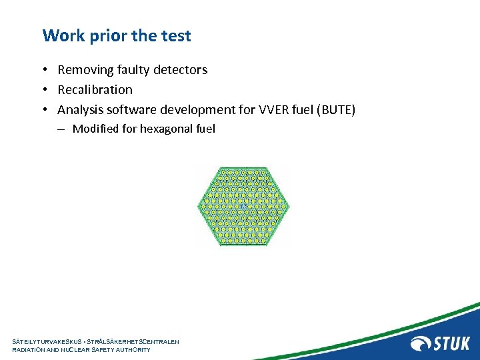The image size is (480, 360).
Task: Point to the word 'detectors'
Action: [179, 70]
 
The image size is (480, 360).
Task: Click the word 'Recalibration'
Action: [95, 90]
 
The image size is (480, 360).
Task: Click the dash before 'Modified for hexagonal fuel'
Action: [60, 129]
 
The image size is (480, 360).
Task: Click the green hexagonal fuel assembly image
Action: [243, 206]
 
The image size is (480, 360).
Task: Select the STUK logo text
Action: [452, 343]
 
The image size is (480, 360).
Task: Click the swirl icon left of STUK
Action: [421, 343]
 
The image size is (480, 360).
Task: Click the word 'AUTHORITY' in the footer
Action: [134, 350]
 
